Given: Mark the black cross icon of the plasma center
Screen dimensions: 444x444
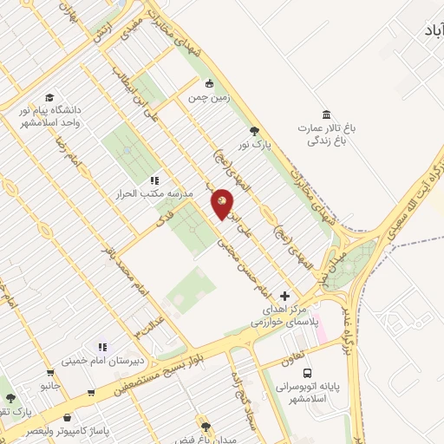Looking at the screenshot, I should pyautogui.click(x=285, y=296).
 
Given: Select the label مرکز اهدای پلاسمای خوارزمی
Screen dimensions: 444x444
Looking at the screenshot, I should pyautogui.click(x=285, y=315).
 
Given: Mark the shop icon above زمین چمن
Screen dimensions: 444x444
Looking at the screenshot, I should pyautogui.click(x=208, y=84).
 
